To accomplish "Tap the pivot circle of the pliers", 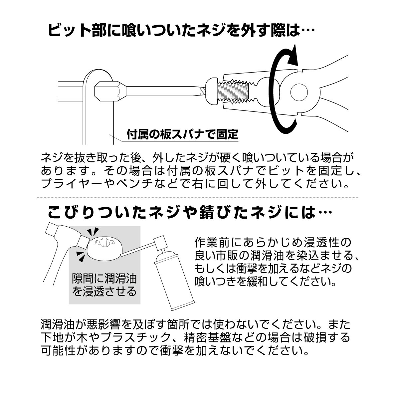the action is [x=299, y=92].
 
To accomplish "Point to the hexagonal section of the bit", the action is [x=107, y=91].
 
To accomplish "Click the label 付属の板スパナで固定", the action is [x=182, y=134].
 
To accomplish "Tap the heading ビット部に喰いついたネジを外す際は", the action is [x=181, y=30].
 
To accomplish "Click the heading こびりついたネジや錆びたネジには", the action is [x=189, y=212].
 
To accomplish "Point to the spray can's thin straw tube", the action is [x=137, y=249].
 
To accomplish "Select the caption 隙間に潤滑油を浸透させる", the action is [x=104, y=285].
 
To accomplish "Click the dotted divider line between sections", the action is [x=198, y=198].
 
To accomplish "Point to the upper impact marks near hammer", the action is [x=93, y=231].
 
